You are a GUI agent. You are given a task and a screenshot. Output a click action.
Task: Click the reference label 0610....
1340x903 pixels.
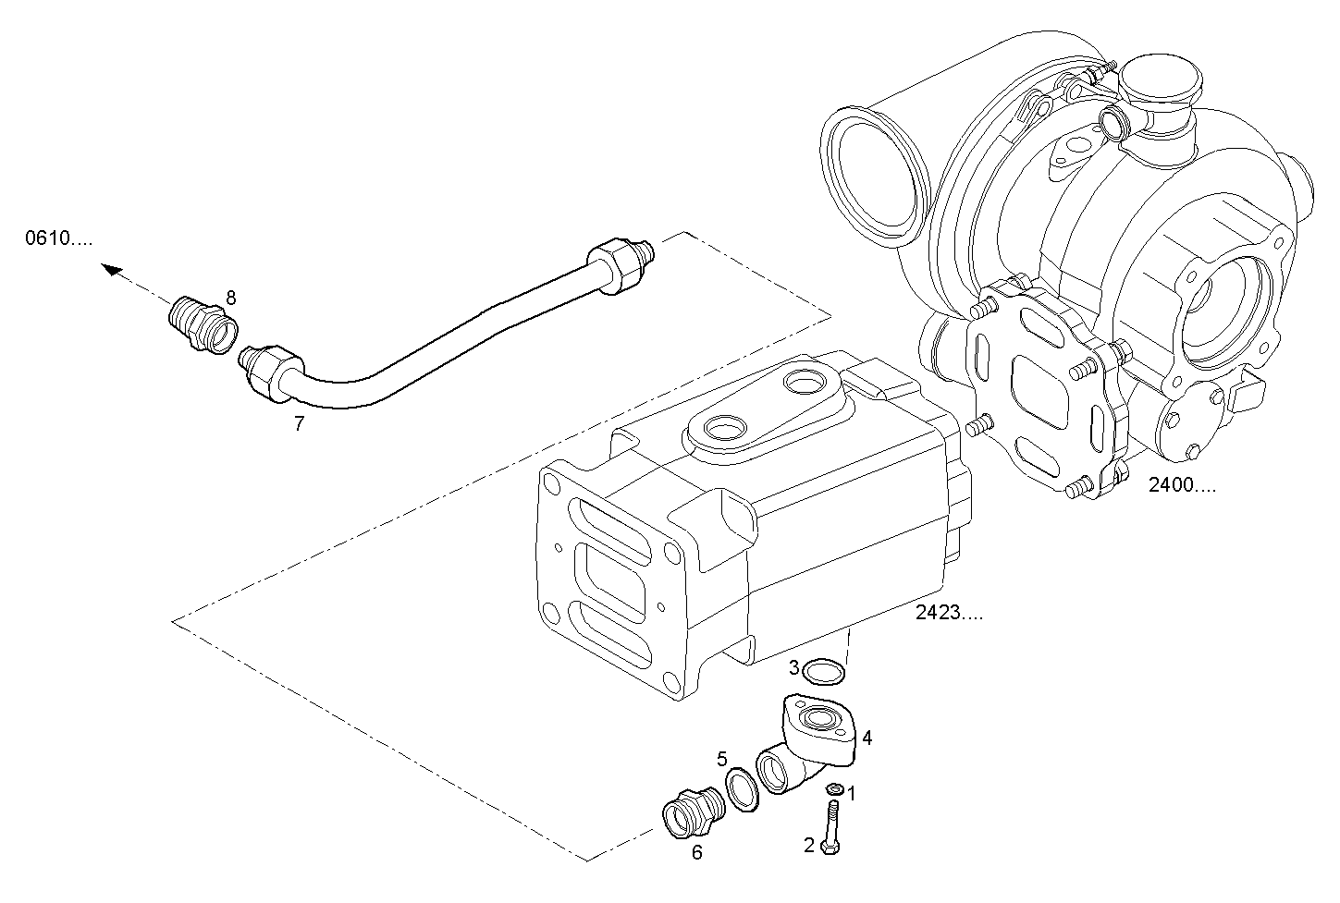(58, 238)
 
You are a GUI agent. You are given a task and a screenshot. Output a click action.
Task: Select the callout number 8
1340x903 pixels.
(230, 298)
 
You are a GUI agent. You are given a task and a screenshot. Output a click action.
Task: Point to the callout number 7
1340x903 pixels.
(299, 424)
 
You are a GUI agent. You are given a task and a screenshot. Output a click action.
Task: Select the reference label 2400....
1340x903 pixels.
(1182, 485)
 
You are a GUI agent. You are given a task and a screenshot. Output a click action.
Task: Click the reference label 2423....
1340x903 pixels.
(949, 612)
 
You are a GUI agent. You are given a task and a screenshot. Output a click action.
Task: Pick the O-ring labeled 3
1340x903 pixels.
(822, 672)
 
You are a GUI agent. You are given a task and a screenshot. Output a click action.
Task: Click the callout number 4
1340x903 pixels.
(867, 738)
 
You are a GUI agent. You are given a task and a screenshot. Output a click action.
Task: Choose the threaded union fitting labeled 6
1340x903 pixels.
(692, 812)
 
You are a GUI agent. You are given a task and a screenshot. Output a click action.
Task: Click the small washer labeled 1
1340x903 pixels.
(833, 788)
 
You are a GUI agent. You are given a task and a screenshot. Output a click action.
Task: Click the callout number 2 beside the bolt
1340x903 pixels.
(809, 845)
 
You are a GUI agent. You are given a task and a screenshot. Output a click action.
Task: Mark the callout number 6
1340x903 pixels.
(697, 853)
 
